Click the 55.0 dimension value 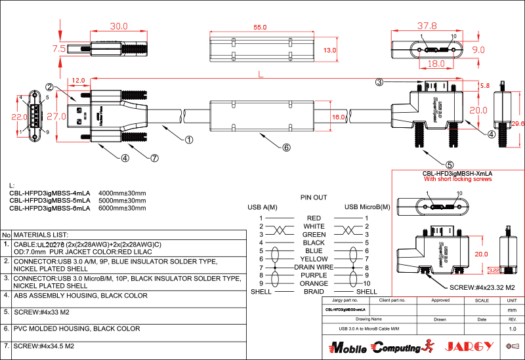point(261,28)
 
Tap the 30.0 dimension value point(119,27)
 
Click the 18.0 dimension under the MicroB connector point(436,64)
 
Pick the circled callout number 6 point(286,148)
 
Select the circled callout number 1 point(189,140)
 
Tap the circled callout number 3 point(379,82)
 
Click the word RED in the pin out point(314,218)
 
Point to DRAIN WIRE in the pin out point(314,267)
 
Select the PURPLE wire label point(314,275)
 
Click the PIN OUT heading point(314,197)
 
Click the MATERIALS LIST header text point(41,234)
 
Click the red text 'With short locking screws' point(458,178)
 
